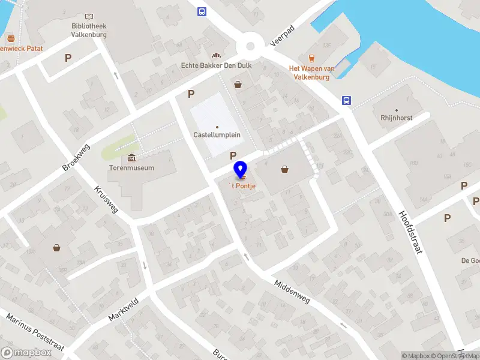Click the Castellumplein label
pos(217,135)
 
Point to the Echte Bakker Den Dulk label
pos(215,65)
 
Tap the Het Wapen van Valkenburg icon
pos(311,58)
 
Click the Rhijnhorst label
pos(396,118)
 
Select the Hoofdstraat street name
pos(412,230)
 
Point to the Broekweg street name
pos(76,157)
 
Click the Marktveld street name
pos(124,310)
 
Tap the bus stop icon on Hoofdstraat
pos(347,100)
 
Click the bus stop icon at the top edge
pos(202,11)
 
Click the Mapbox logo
pos(26,353)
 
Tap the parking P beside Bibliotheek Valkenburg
pos(68,58)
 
